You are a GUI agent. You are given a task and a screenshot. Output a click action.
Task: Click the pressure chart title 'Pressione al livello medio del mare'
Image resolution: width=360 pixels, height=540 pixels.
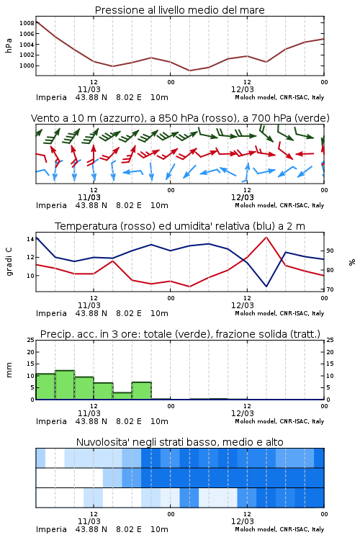pos(179,10)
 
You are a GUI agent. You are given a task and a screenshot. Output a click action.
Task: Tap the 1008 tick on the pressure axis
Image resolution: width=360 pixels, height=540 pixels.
pos(27,23)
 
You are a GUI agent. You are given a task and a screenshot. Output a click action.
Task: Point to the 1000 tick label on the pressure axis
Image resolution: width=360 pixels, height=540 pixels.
pos(27,66)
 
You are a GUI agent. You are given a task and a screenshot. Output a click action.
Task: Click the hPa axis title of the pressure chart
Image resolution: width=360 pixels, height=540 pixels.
pos(9,45)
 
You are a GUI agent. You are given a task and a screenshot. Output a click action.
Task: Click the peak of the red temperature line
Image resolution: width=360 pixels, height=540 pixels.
pos(266,237)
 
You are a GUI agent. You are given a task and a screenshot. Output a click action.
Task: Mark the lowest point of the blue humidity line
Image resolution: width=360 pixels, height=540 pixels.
pos(266,286)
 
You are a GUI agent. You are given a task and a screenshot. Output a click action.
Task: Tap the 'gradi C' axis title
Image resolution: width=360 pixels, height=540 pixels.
pos(9,261)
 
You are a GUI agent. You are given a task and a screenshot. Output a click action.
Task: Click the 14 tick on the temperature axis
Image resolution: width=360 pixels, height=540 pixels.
pos(30,239)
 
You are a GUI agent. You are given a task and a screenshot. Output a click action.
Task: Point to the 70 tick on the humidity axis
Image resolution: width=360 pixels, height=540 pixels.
pos(330,289)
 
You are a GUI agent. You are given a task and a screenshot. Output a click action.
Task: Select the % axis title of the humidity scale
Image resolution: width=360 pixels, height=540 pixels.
pos(352,262)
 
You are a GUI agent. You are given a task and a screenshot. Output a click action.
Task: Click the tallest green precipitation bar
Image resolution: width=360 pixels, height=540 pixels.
pos(65,385)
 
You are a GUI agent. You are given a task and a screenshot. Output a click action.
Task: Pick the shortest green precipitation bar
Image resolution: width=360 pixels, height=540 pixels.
pos(122,396)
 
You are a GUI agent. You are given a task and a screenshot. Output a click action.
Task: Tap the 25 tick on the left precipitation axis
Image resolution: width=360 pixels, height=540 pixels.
pos(30,340)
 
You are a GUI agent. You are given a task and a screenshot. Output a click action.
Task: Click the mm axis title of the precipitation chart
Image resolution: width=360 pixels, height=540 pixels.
pos(9,370)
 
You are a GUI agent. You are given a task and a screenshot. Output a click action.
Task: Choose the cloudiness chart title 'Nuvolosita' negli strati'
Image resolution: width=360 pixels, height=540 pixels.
pos(179,442)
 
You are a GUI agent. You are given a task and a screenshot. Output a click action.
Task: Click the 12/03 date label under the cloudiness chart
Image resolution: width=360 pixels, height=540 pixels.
pos(243,521)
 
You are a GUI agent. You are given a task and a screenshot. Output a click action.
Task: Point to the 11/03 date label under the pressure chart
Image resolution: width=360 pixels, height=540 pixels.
pos(89,89)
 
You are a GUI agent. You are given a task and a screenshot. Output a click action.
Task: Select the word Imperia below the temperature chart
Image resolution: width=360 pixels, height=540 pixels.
pos(51,313)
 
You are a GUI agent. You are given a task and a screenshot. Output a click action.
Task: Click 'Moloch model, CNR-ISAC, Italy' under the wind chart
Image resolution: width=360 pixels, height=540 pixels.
pos(279,205)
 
